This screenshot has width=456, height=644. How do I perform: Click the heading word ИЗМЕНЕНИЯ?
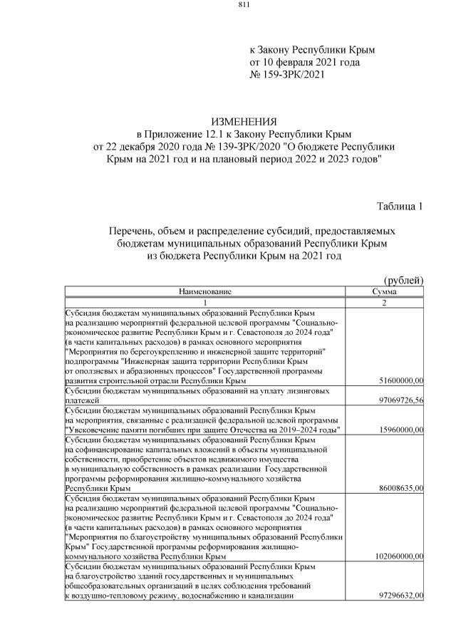tap(244, 123)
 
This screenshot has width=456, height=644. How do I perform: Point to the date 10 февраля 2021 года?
tap(313, 63)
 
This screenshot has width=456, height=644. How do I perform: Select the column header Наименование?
tap(205, 291)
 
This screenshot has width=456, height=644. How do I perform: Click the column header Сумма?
tap(384, 291)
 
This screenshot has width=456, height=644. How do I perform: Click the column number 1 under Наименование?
tap(205, 302)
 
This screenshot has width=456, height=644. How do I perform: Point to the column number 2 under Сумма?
tap(384, 302)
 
